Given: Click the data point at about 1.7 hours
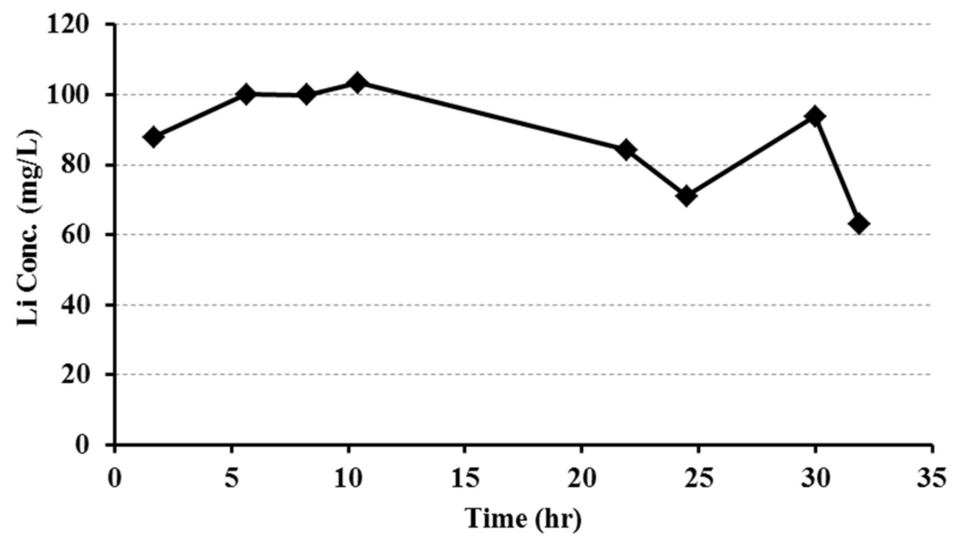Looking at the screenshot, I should [x=154, y=137].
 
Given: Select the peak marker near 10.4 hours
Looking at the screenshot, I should [x=357, y=83].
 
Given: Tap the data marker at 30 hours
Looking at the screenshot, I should [x=815, y=116].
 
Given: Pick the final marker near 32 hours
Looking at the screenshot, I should [x=859, y=224].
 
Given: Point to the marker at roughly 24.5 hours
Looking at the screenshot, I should [x=686, y=196].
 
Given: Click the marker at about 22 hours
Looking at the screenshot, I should [x=627, y=150].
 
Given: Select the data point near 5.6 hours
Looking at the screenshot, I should [x=245, y=94].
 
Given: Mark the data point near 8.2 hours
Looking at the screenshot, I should [x=306, y=95].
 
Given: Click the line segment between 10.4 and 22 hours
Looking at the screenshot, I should [x=491, y=117].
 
